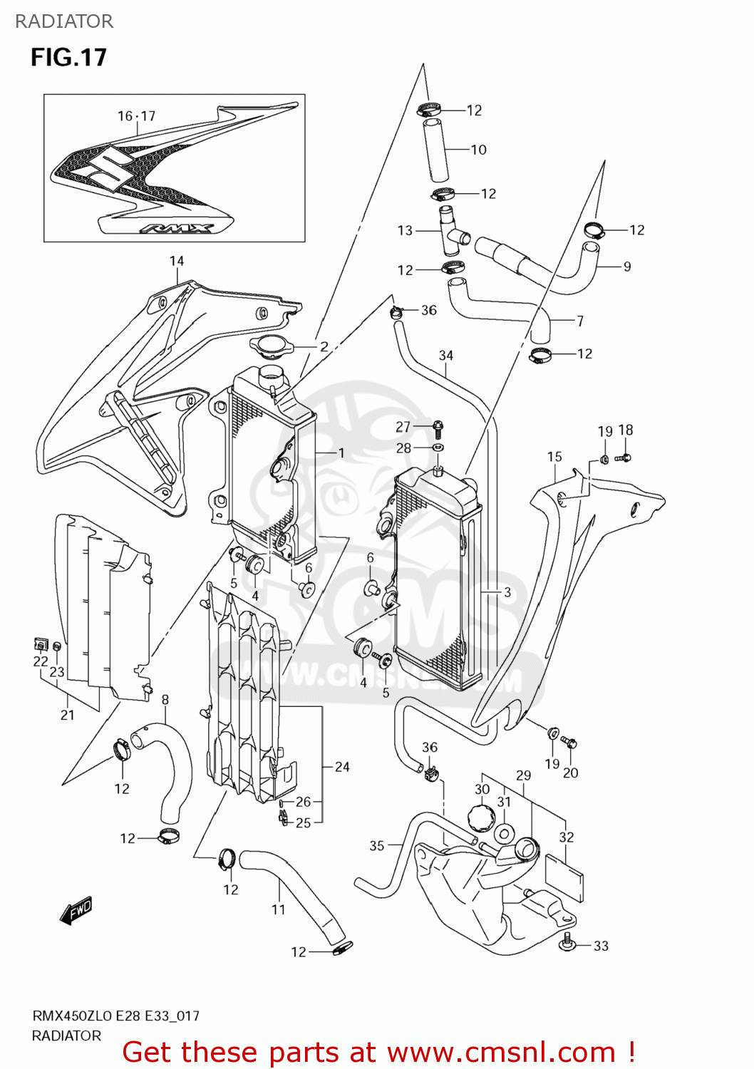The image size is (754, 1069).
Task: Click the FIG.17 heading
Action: click(x=68, y=57)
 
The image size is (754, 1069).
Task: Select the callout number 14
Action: click(x=177, y=261)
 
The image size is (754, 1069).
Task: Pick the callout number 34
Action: click(x=446, y=355)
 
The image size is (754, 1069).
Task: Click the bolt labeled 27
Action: click(x=438, y=427)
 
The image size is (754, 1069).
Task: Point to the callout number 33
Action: click(x=601, y=946)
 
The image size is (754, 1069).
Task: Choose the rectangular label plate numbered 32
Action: click(x=564, y=877)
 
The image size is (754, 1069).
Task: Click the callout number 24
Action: click(x=342, y=767)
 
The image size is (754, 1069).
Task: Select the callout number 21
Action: click(x=67, y=715)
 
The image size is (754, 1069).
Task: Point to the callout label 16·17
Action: click(x=136, y=116)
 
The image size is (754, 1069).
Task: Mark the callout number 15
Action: click(x=554, y=457)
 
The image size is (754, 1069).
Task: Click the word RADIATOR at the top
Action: click(x=64, y=21)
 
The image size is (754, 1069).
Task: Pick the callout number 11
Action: click(x=278, y=909)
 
